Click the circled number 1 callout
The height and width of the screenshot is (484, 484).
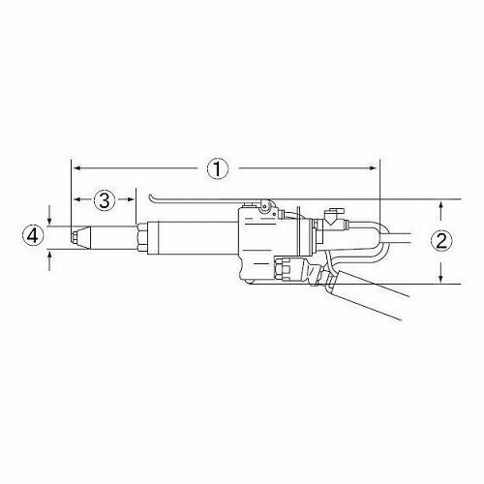point(218,168)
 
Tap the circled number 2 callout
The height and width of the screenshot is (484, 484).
point(441,241)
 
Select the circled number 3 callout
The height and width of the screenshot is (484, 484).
point(104,200)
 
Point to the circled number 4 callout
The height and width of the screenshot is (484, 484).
point(32,237)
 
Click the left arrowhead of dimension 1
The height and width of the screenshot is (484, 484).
point(77,168)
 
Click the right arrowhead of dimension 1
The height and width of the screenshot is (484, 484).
point(373,168)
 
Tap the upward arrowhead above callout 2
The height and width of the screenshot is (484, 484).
point(441,206)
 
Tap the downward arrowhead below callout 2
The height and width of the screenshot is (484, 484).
point(441,278)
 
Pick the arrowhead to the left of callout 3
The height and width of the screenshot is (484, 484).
point(77,199)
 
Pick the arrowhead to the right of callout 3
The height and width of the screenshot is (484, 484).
point(130,199)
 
